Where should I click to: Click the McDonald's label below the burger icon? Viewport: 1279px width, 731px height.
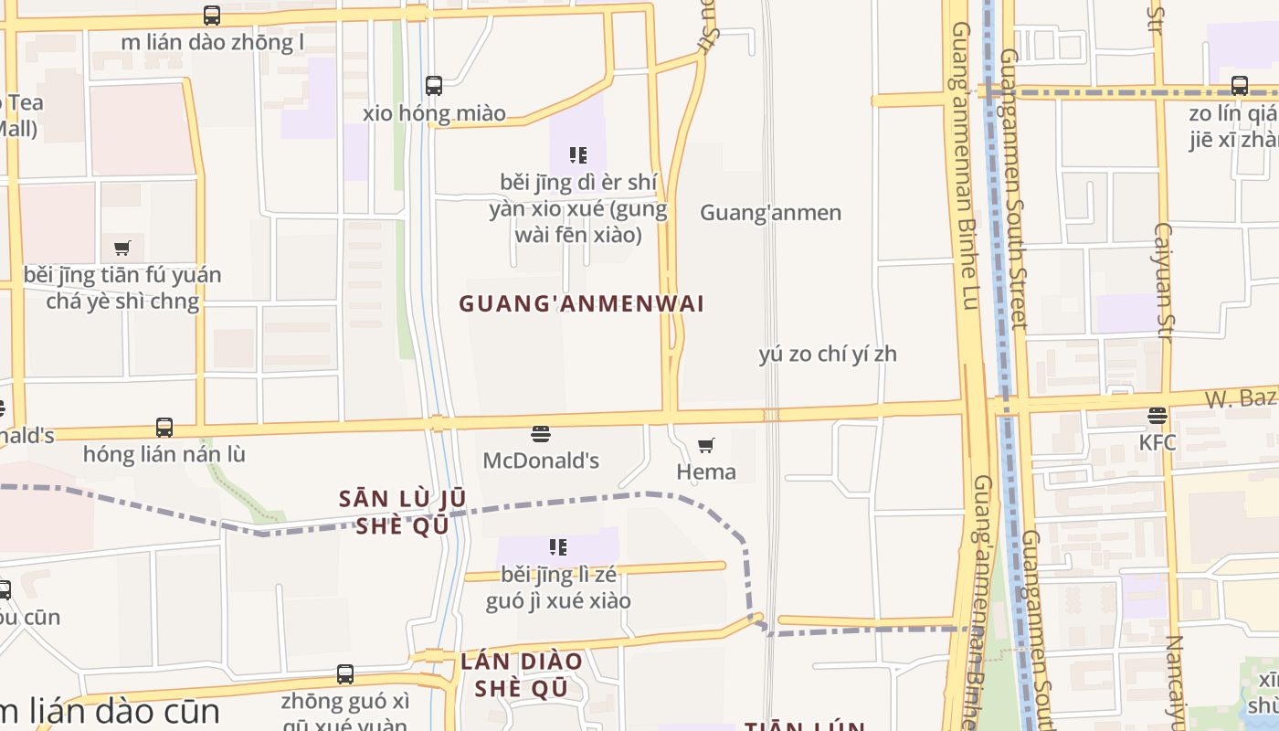click(x=541, y=460)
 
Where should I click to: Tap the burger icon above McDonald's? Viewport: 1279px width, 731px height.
click(x=541, y=433)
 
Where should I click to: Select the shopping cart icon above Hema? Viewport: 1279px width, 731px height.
click(x=706, y=445)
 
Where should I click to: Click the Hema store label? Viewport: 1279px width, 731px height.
click(x=706, y=471)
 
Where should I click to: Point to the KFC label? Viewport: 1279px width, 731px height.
click(x=1157, y=443)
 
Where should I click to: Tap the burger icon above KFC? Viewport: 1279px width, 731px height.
click(x=1157, y=417)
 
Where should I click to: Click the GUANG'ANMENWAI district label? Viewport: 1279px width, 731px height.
click(x=581, y=303)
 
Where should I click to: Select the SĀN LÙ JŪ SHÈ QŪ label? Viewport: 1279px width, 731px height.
click(x=403, y=513)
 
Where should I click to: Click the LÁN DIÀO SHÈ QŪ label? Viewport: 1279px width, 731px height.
click(x=522, y=674)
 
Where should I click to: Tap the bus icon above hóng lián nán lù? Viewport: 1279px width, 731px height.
click(x=164, y=427)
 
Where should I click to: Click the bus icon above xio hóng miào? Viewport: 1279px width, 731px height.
click(x=434, y=86)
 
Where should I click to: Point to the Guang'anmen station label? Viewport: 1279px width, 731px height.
click(x=770, y=213)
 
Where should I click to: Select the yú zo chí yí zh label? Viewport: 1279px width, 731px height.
click(x=828, y=355)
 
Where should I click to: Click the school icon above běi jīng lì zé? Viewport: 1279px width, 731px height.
click(x=558, y=547)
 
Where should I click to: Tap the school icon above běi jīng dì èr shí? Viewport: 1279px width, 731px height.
click(x=578, y=155)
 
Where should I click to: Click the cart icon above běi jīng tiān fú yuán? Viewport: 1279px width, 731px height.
click(x=122, y=248)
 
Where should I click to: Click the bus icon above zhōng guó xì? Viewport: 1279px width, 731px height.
click(x=345, y=674)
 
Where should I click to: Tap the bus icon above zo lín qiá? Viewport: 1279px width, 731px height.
click(x=1240, y=86)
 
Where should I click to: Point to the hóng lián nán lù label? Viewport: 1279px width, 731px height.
click(x=164, y=454)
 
